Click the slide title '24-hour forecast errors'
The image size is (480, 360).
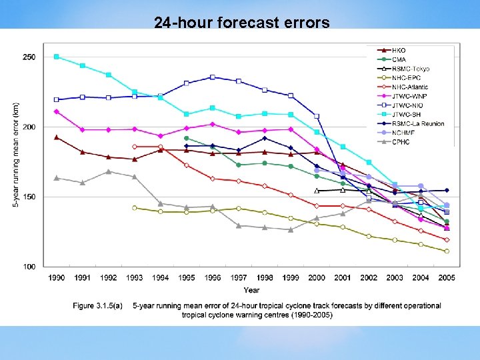click(x=241, y=23)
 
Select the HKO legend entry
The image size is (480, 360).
click(x=399, y=50)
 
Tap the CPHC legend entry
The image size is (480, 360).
click(x=401, y=141)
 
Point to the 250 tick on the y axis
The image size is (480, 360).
click(x=29, y=57)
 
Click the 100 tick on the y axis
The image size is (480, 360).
click(x=29, y=267)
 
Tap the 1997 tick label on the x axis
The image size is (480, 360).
click(x=238, y=277)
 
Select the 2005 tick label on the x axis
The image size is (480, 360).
click(x=446, y=277)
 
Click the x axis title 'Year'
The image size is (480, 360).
click(x=251, y=290)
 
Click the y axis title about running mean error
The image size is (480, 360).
click(x=15, y=153)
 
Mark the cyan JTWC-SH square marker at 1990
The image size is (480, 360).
click(x=57, y=57)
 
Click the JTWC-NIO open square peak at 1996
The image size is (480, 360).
click(x=212, y=77)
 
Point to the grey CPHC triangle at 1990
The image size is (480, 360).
click(x=57, y=178)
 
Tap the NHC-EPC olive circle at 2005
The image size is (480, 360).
click(x=447, y=251)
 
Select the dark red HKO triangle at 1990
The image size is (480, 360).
click(x=57, y=137)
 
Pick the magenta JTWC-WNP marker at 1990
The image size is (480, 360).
click(x=57, y=111)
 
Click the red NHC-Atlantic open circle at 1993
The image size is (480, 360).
click(x=135, y=147)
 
